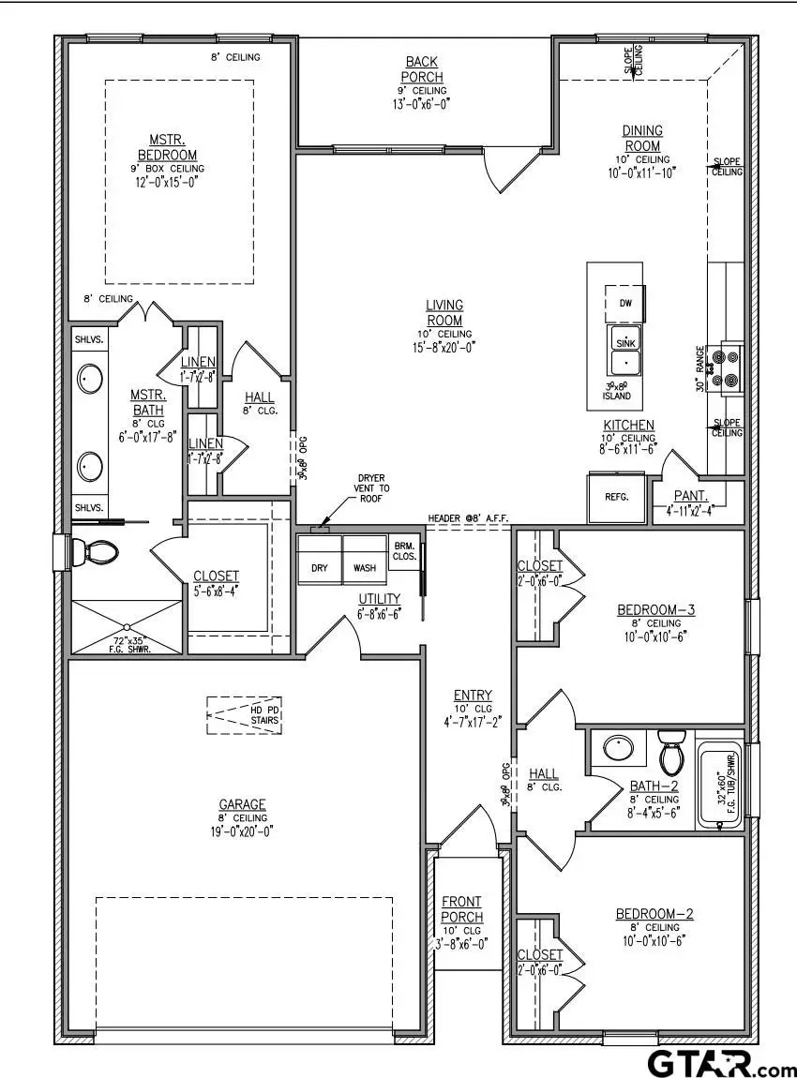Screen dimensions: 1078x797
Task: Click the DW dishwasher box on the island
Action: point(625,303)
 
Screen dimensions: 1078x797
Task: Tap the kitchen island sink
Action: point(625,351)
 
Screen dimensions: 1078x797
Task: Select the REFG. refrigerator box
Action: point(616,498)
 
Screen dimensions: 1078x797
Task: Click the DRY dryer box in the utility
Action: point(319,568)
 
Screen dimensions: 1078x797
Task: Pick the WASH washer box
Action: point(365,568)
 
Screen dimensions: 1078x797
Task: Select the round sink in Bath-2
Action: point(618,748)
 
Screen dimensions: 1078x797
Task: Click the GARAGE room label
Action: point(243,804)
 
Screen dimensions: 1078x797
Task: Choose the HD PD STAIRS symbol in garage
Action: point(245,714)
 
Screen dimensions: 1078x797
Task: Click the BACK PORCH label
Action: point(423,68)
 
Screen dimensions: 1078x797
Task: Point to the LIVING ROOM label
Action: point(444,312)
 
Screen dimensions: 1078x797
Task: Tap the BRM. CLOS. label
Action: point(404,550)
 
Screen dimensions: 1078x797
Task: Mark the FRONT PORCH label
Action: point(462,909)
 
